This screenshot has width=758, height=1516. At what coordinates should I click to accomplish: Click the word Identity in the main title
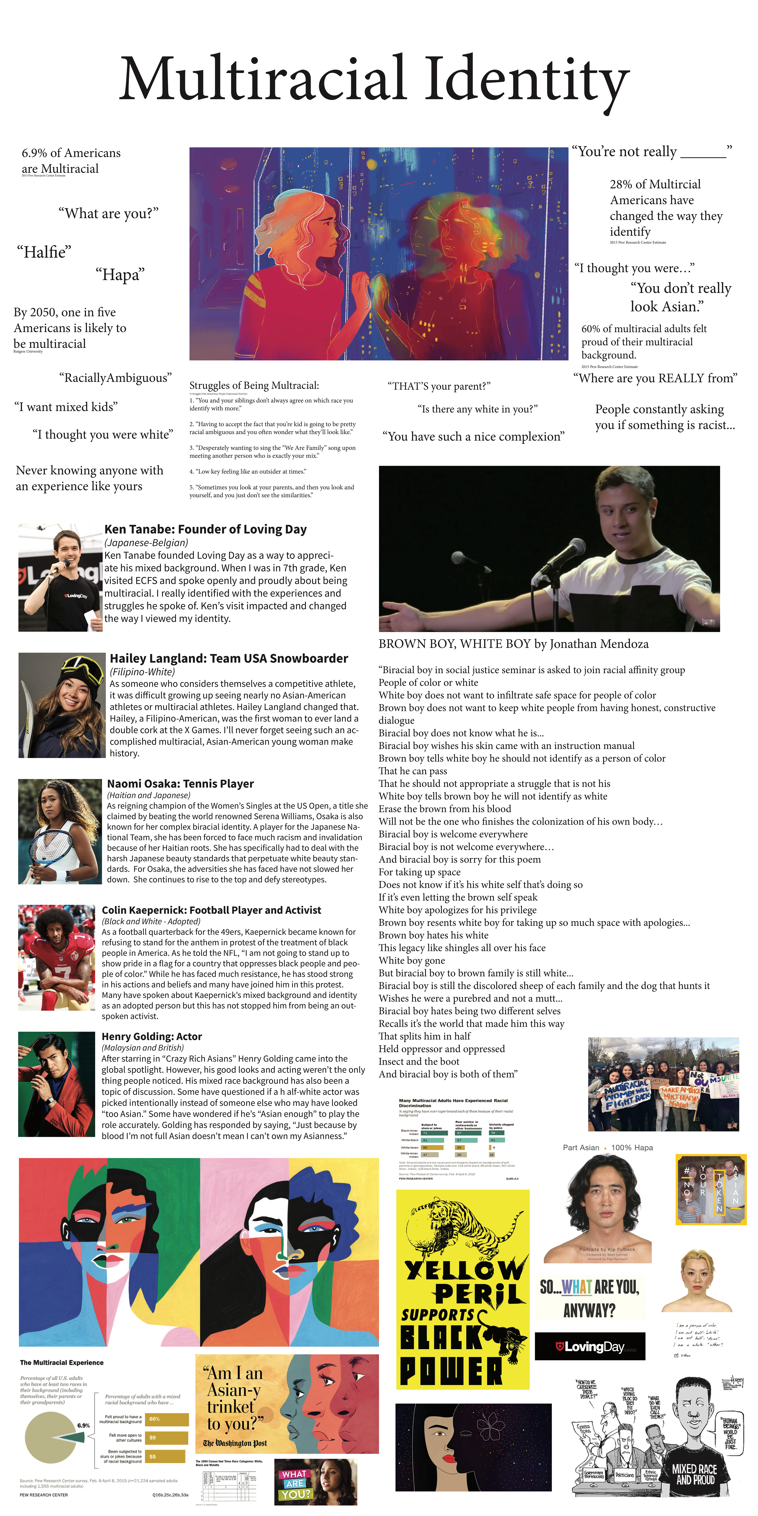527,79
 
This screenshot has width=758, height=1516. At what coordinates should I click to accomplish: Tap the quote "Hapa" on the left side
120,275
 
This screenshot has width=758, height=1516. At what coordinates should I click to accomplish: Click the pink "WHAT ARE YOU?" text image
294,1484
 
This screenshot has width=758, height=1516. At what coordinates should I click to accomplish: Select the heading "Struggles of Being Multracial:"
254,386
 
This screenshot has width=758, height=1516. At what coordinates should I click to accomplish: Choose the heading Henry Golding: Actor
152,1036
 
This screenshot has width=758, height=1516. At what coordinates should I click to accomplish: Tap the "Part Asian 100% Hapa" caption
607,1148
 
